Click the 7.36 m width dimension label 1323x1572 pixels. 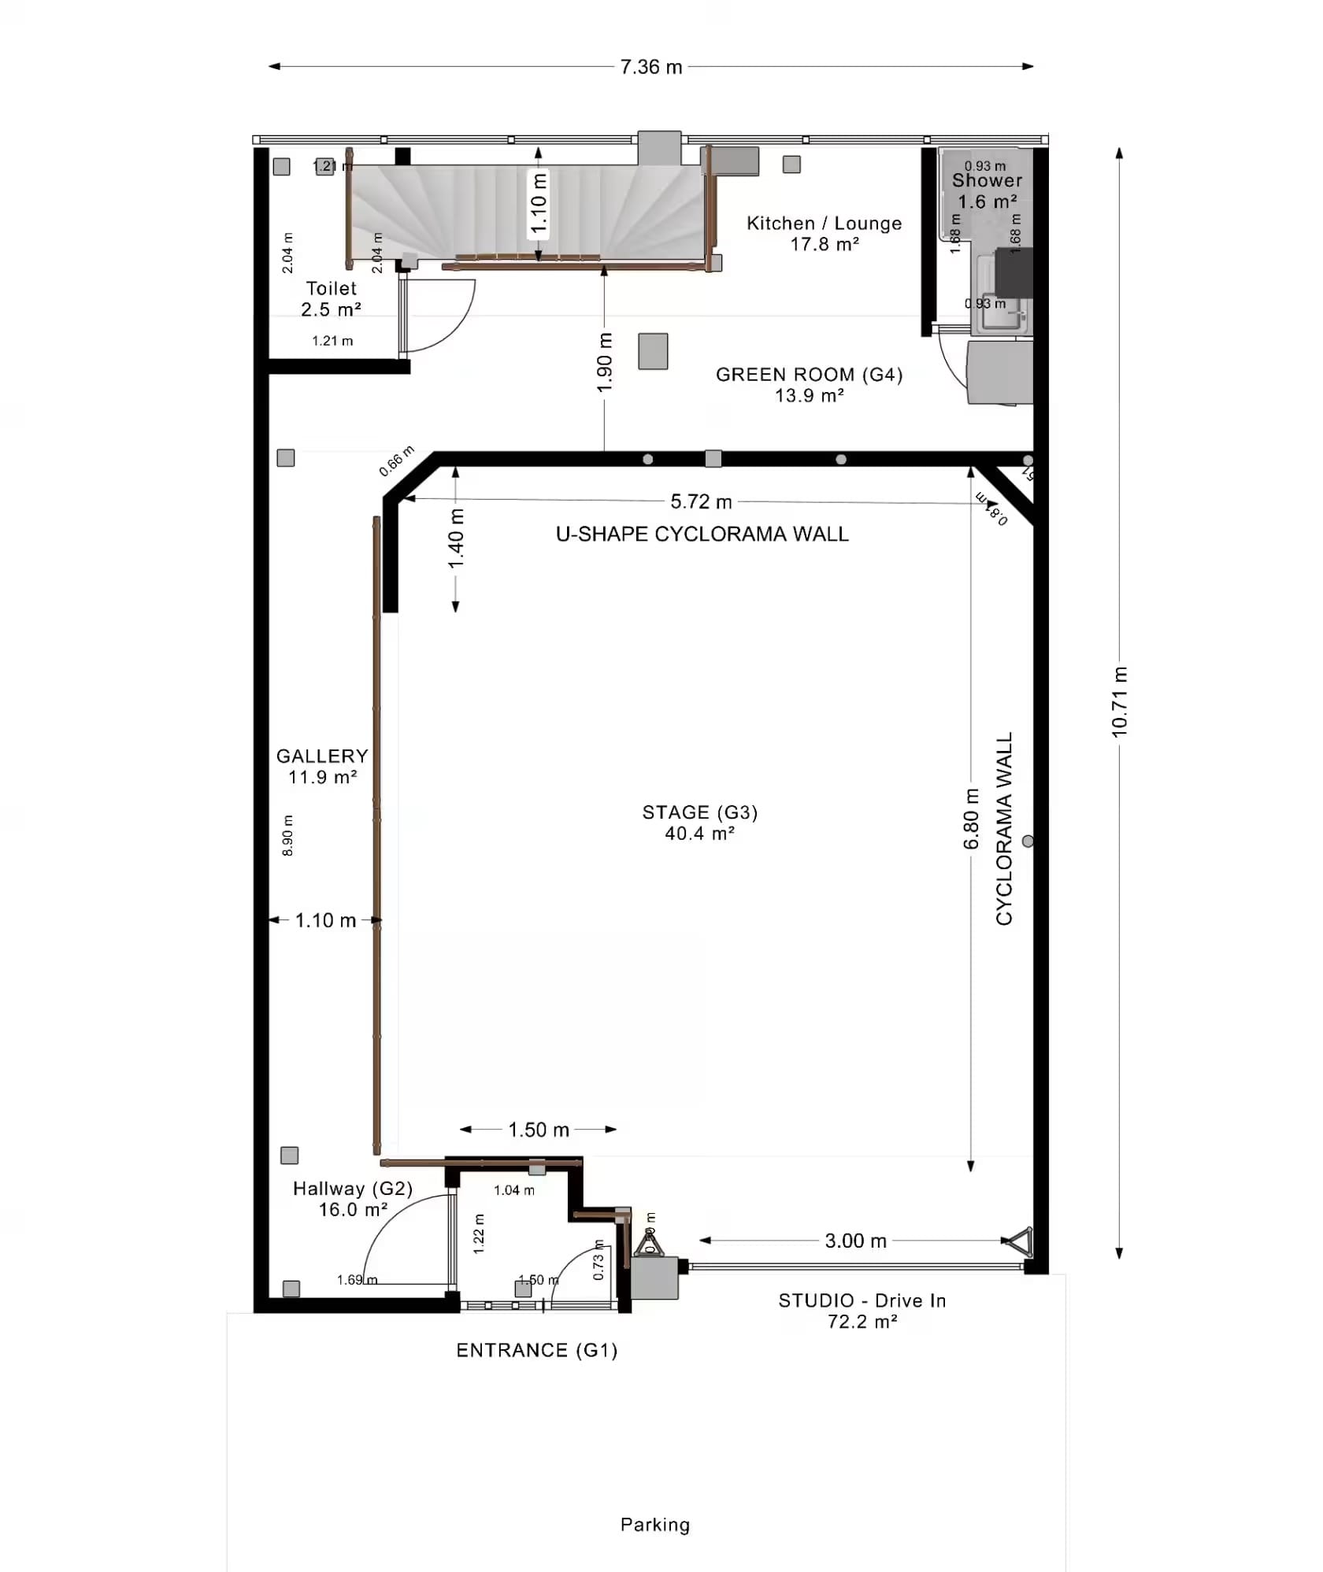(x=650, y=67)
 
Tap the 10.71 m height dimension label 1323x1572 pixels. (x=1119, y=701)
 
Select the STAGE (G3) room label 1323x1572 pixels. (x=699, y=823)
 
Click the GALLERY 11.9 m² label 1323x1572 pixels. (x=322, y=767)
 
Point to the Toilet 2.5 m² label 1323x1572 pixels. (x=331, y=299)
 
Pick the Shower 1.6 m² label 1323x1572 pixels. (x=987, y=190)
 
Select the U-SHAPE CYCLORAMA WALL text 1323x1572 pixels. (x=702, y=534)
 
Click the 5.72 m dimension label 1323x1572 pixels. (x=701, y=501)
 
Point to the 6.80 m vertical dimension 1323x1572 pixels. (x=971, y=819)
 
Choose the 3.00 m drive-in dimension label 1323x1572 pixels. (x=855, y=1241)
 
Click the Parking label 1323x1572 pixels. (x=654, y=1525)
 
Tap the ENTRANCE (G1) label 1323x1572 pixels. (x=536, y=1351)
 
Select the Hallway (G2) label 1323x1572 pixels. (x=352, y=1199)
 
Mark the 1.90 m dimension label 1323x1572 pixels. (x=604, y=363)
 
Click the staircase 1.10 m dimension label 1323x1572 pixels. (x=539, y=204)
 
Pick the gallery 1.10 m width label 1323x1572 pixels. (x=325, y=920)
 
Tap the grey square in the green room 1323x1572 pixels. (x=653, y=351)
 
